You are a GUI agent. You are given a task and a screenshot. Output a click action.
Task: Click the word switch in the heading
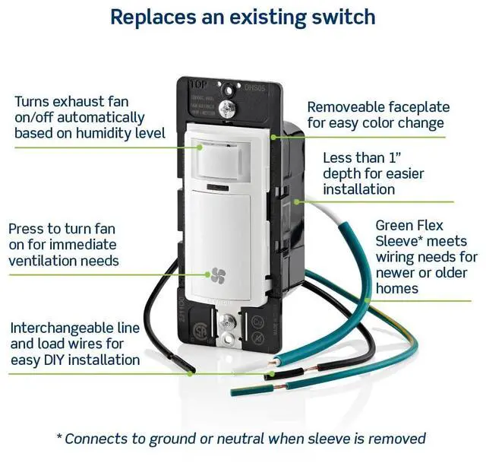click(x=340, y=17)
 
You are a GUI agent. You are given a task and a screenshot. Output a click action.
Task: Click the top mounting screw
click(x=225, y=109)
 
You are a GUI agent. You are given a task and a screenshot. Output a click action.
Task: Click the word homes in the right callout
click(x=397, y=289)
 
